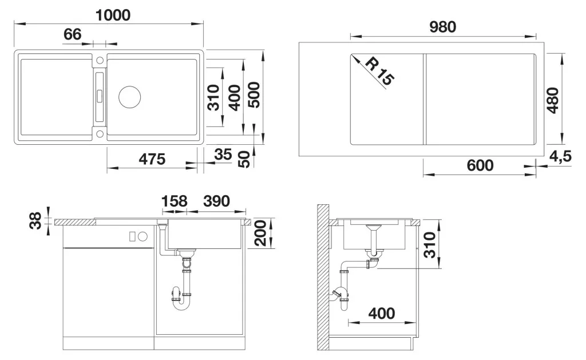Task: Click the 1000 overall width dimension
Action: pyautogui.click(x=113, y=15)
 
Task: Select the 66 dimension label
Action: pyautogui.click(x=72, y=34)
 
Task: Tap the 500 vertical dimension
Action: pyautogui.click(x=254, y=95)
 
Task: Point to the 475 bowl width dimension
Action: pyautogui.click(x=152, y=159)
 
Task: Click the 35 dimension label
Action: pyautogui.click(x=223, y=154)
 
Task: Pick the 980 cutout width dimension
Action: pyautogui.click(x=442, y=27)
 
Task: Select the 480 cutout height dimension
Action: pyautogui.click(x=553, y=100)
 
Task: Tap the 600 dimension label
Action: pyautogui.click(x=480, y=165)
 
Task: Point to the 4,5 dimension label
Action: pyautogui.click(x=560, y=156)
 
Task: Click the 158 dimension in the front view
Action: pyautogui.click(x=174, y=201)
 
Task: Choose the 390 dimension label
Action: pyautogui.click(x=216, y=201)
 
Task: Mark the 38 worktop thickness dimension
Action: pyautogui.click(x=35, y=220)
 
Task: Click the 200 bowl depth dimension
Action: pyautogui.click(x=260, y=233)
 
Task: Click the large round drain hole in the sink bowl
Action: pyautogui.click(x=130, y=97)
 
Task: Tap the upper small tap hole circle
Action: pyautogui.click(x=100, y=60)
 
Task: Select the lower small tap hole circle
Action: pyautogui.click(x=100, y=133)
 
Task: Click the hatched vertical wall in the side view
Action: pyautogui.click(x=323, y=277)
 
